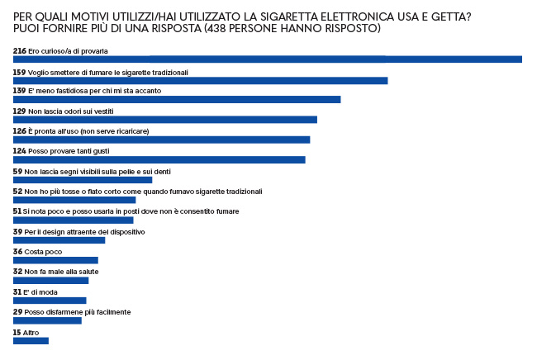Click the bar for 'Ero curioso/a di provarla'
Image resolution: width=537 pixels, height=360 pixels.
point(267,59)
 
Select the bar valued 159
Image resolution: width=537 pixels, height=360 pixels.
point(200,80)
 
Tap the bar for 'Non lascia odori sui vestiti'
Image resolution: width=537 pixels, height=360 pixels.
point(164,120)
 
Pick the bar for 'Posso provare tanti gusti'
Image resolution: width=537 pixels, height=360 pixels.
point(159,159)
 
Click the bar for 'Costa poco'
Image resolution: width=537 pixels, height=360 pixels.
point(55,260)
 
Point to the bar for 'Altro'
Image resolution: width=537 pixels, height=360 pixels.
point(31,340)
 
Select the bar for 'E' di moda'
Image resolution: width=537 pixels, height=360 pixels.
point(50,301)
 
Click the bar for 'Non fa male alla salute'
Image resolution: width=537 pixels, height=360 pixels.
point(50,280)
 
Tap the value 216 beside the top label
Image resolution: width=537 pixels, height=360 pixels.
point(20,50)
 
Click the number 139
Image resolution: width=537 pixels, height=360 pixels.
point(20,90)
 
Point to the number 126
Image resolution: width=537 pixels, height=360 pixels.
point(20,130)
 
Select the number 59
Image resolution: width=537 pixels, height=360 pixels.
point(17,171)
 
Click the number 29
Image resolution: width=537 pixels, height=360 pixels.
point(17,311)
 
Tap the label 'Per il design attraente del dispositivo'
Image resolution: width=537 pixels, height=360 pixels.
point(85,232)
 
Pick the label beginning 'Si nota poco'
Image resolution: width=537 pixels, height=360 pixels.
point(131,211)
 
